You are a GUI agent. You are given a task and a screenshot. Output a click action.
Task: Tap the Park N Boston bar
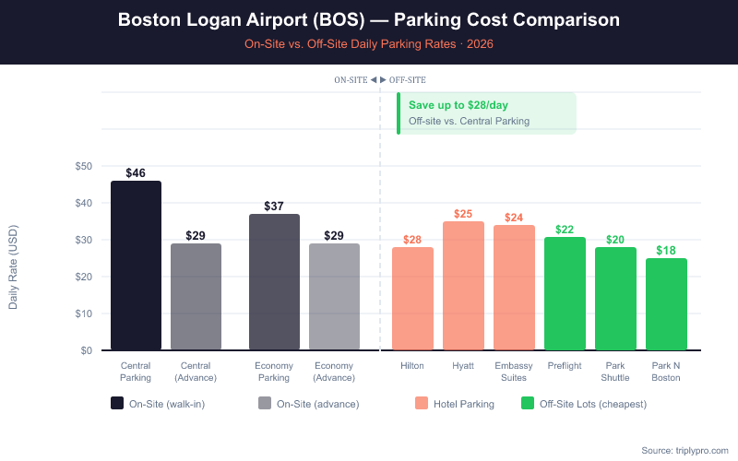(666, 304)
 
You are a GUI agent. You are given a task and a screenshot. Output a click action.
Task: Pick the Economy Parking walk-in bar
(274, 282)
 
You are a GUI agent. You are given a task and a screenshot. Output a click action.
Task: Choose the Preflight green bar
(565, 294)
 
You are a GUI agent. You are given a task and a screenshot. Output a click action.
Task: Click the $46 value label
(136, 172)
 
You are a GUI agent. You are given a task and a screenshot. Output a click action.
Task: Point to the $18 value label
(666, 250)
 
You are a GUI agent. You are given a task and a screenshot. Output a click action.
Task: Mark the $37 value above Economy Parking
(274, 206)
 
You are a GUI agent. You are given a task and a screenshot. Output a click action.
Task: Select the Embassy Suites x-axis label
(514, 372)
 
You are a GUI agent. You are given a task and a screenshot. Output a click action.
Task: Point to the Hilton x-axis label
(412, 366)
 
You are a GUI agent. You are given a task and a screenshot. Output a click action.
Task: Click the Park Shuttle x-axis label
(615, 372)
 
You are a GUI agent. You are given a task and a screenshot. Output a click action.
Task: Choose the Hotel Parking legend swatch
(422, 403)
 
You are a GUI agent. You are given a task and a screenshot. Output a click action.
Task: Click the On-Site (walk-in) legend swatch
(117, 403)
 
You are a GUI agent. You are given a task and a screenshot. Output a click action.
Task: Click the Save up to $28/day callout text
(458, 105)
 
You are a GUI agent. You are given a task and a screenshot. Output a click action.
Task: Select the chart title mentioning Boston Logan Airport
(369, 19)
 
